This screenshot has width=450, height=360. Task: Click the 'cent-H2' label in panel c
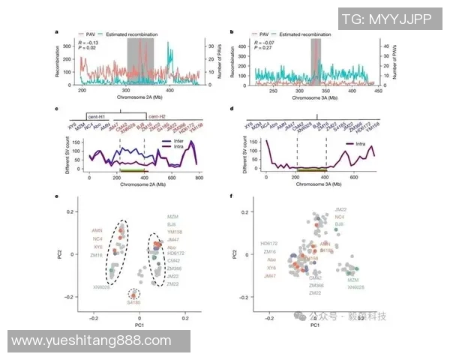click(157, 116)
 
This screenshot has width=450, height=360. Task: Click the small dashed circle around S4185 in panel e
click(133, 295)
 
